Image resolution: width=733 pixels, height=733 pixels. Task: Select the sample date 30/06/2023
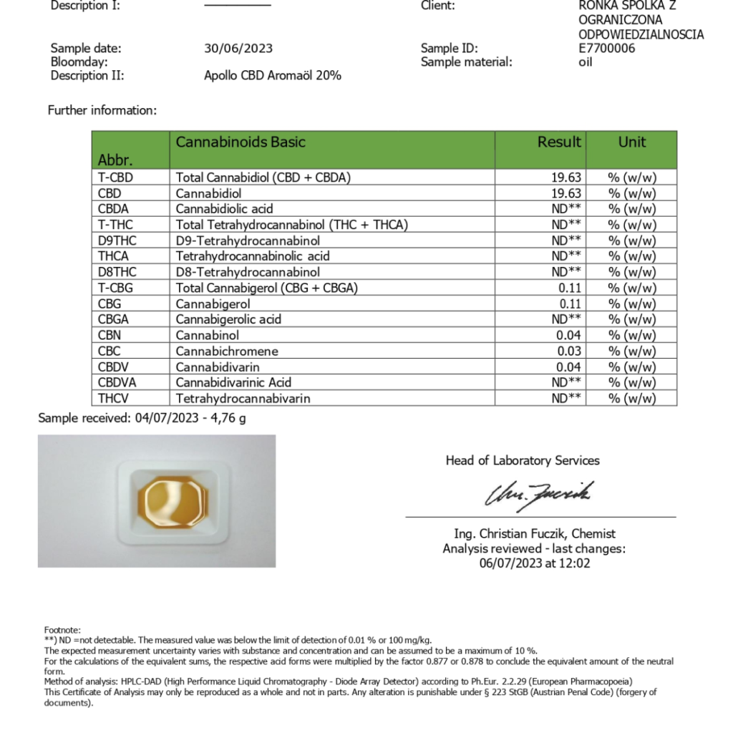click(238, 49)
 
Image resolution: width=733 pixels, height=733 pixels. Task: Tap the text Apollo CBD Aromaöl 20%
click(273, 75)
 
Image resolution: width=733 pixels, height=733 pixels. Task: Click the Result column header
click(559, 142)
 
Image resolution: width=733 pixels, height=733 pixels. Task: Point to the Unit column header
click(631, 142)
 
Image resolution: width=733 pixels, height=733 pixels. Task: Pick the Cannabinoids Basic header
click(241, 142)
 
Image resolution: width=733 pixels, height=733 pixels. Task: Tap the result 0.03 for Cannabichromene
click(569, 351)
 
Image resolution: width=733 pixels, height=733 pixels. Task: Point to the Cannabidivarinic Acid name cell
click(233, 382)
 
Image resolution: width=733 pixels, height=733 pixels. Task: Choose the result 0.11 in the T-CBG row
click(569, 288)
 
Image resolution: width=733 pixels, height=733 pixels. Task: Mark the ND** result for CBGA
click(566, 319)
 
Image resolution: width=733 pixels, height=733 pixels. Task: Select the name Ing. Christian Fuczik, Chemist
click(535, 533)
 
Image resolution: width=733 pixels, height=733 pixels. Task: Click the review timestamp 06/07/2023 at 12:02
click(535, 563)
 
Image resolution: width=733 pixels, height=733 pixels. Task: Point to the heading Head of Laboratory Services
click(523, 460)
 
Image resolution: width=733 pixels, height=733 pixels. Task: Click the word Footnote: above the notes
click(62, 629)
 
